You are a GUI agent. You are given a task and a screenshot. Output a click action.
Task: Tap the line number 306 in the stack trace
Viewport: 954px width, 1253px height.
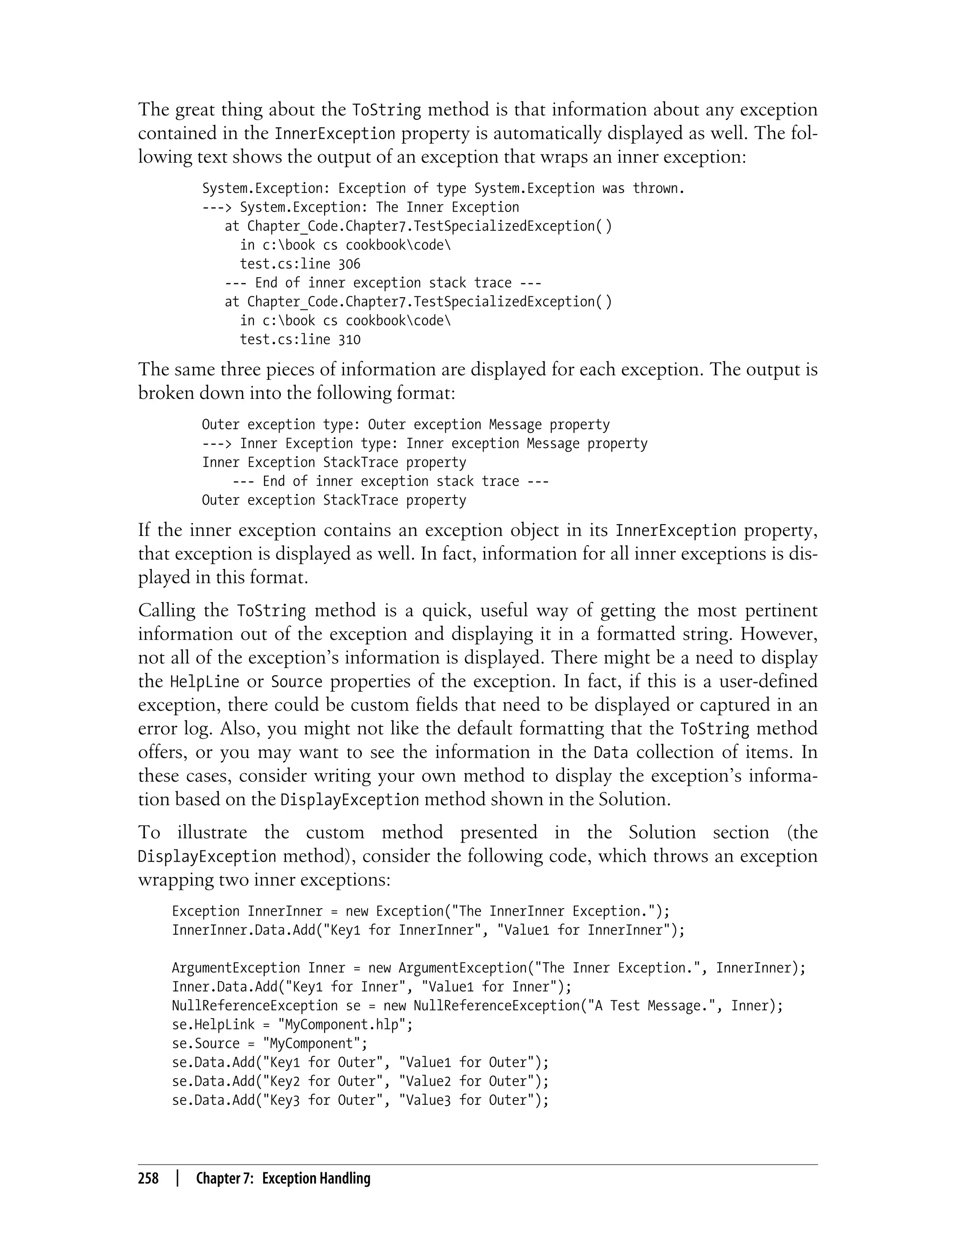tap(349, 264)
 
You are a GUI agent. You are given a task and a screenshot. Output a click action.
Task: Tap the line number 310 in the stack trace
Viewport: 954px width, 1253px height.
tap(349, 340)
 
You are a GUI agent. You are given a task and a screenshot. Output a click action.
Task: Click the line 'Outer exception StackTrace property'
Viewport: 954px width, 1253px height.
tap(334, 500)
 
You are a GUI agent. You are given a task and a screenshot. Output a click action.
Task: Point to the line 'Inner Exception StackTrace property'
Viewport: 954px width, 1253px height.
tap(334, 463)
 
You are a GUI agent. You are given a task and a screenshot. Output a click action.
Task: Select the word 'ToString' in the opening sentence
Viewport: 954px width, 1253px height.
tap(387, 110)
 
